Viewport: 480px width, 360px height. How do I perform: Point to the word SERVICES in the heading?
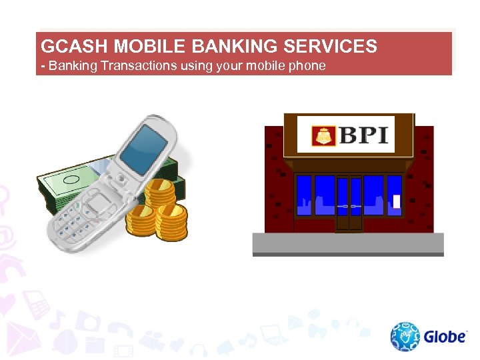(x=331, y=47)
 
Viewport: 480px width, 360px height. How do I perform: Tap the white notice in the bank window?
(x=397, y=200)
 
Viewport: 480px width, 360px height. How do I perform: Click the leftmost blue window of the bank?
(x=304, y=195)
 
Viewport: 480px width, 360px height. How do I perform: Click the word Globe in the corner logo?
(x=445, y=336)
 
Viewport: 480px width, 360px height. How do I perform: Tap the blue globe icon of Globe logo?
(x=405, y=337)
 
